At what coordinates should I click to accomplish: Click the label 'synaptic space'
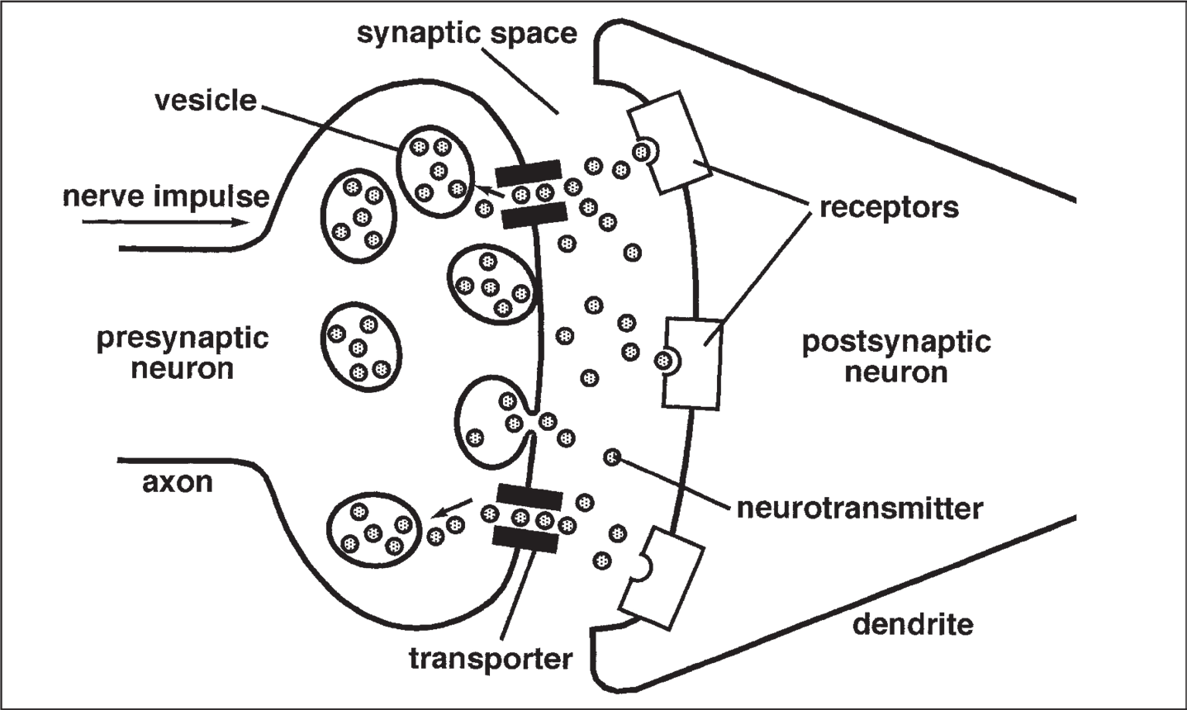click(x=466, y=35)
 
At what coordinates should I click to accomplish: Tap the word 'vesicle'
click(x=206, y=101)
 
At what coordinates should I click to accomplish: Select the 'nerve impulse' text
click(x=166, y=196)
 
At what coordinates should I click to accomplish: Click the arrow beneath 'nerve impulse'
click(x=166, y=222)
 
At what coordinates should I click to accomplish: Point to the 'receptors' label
click(x=889, y=206)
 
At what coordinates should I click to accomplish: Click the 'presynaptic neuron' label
click(x=183, y=353)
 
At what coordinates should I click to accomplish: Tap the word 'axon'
click(x=177, y=481)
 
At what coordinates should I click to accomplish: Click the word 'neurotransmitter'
click(x=860, y=507)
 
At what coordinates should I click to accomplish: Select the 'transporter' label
click(x=490, y=658)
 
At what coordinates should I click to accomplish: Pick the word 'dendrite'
click(x=912, y=624)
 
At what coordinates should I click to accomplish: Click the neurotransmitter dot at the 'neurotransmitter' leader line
click(x=612, y=457)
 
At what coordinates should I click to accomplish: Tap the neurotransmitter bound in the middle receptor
click(x=662, y=360)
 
